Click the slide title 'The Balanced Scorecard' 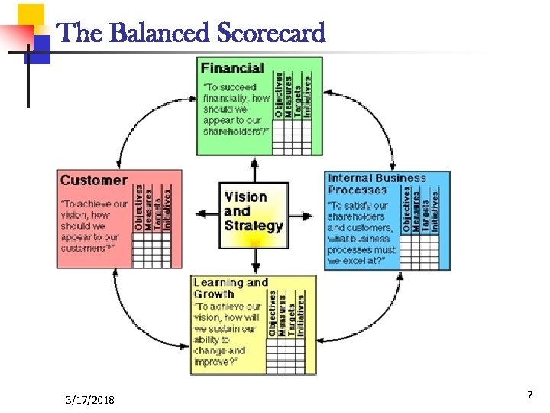191,33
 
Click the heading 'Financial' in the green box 232,68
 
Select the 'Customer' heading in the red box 93,180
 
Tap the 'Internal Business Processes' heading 377,184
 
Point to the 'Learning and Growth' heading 230,288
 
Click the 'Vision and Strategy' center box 254,212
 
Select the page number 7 529,395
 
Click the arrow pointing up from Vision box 254,168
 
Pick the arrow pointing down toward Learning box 255,262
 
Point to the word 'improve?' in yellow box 212,360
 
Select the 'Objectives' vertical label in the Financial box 279,95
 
